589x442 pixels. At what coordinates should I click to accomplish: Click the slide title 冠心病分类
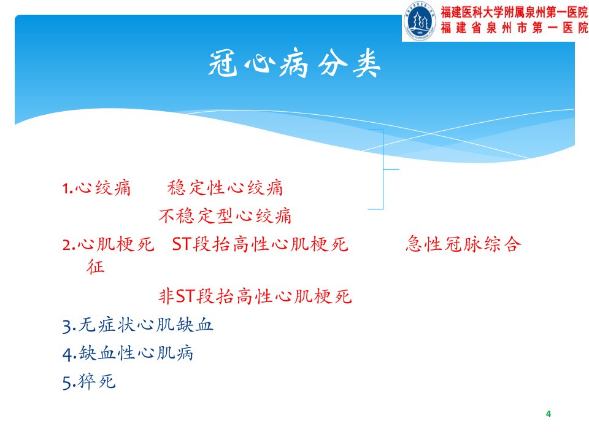[x=294, y=63]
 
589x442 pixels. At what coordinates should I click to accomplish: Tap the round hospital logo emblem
[x=420, y=21]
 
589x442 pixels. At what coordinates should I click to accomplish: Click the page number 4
[x=549, y=414]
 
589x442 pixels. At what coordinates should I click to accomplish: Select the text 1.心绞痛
[x=96, y=188]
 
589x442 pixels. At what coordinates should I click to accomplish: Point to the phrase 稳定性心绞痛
[x=225, y=188]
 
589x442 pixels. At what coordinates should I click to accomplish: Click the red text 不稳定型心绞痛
[x=225, y=215]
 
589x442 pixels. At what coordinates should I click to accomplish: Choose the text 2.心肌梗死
[x=108, y=244]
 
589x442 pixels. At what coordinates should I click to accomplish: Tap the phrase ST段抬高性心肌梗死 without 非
[x=260, y=244]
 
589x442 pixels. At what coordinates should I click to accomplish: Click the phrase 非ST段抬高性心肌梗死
[x=255, y=296]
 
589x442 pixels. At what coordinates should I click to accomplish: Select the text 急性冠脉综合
[x=464, y=244]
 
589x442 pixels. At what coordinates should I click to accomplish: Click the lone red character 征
[x=96, y=266]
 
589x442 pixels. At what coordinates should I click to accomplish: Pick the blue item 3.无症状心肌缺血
[x=138, y=325]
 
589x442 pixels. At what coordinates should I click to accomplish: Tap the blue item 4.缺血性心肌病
[x=128, y=354]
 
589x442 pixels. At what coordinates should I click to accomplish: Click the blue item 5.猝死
[x=89, y=381]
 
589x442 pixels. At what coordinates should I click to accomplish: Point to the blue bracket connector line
[x=383, y=169]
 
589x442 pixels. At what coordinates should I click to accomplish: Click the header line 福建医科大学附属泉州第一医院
[x=514, y=12]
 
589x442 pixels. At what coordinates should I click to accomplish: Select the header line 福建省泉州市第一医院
[x=514, y=28]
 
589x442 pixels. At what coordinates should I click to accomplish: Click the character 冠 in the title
[x=223, y=64]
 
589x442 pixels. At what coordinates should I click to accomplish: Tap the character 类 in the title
[x=366, y=63]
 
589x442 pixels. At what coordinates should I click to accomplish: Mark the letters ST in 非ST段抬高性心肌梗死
[x=185, y=297]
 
